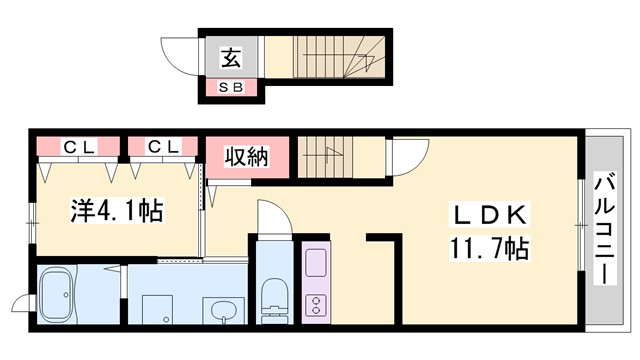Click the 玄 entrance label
click(x=230, y=58)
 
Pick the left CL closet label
click(x=80, y=147)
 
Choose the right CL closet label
click(x=163, y=147)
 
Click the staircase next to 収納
click(x=328, y=156)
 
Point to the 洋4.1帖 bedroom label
click(x=117, y=211)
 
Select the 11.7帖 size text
click(x=490, y=246)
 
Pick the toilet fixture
click(x=272, y=297)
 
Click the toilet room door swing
click(x=271, y=219)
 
